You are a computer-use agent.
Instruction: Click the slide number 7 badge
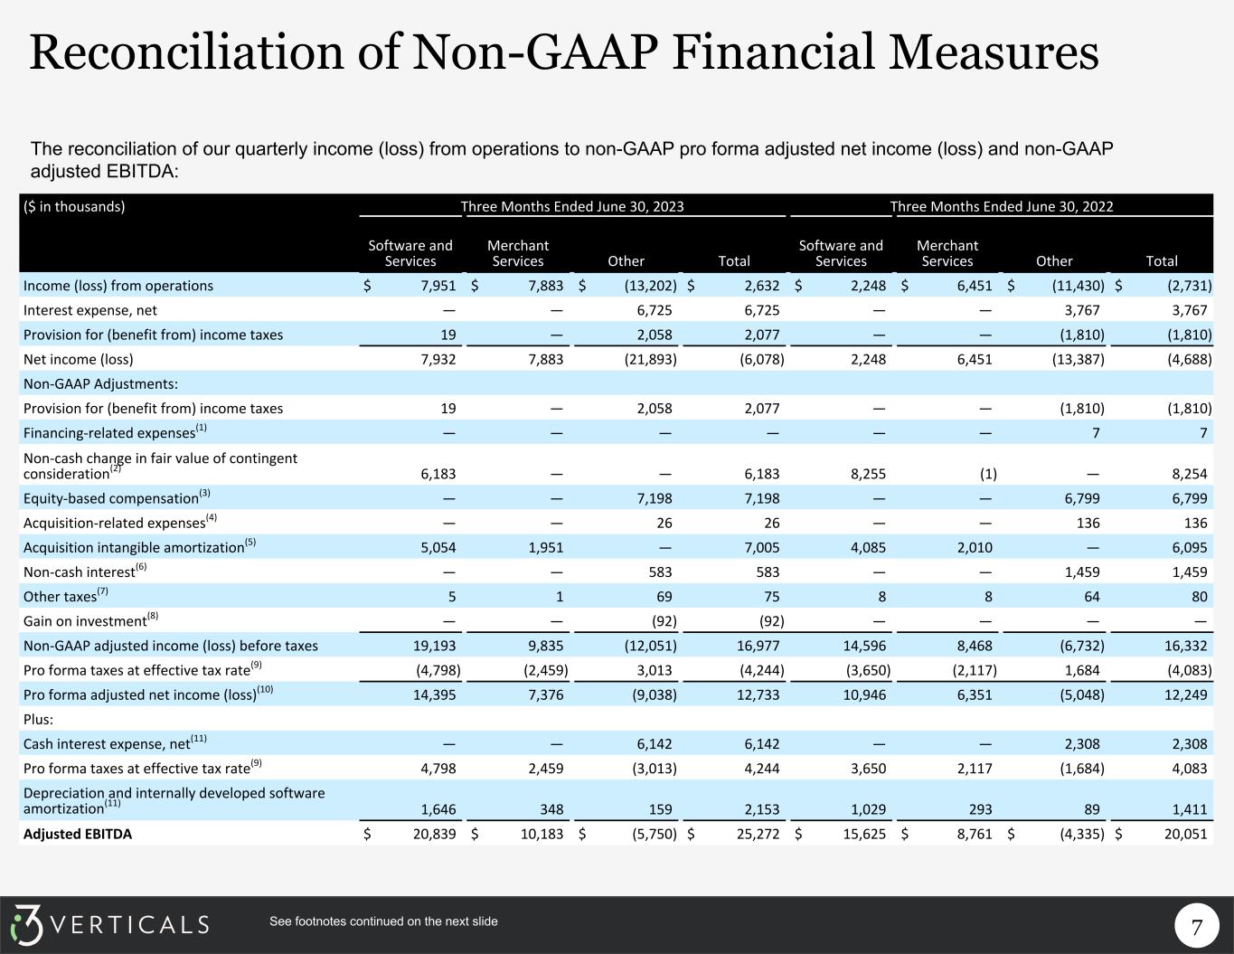coord(1197,927)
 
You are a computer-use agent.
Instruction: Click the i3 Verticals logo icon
coord(27,924)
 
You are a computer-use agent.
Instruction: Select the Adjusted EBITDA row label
coord(78,834)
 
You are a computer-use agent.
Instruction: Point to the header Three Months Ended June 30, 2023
coord(572,206)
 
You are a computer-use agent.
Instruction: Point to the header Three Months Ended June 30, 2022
coord(1002,206)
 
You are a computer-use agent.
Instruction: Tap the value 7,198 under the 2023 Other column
coord(654,498)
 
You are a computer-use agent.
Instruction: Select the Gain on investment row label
coord(86,621)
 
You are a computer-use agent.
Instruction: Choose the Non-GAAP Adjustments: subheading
coord(100,384)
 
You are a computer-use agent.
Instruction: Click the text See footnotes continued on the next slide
coord(383,921)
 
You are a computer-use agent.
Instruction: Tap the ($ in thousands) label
coord(74,206)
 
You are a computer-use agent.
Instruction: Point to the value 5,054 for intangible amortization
coord(438,547)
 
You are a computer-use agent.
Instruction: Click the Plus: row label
coord(39,720)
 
